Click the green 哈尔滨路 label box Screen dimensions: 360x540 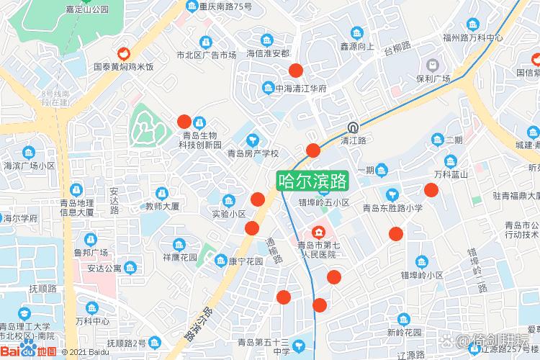(313, 180)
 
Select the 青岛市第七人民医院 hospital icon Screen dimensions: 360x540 (318, 233)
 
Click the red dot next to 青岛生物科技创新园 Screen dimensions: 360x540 (184, 122)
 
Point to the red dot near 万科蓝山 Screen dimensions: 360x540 (431, 190)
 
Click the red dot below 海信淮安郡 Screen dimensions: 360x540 (295, 70)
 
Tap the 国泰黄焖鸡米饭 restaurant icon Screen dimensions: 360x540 (124, 53)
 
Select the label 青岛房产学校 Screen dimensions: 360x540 (253, 153)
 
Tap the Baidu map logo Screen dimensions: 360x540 (29, 351)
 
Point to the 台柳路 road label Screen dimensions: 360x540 (397, 49)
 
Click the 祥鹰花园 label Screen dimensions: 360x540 (180, 256)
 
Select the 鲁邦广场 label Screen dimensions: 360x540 (91, 253)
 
